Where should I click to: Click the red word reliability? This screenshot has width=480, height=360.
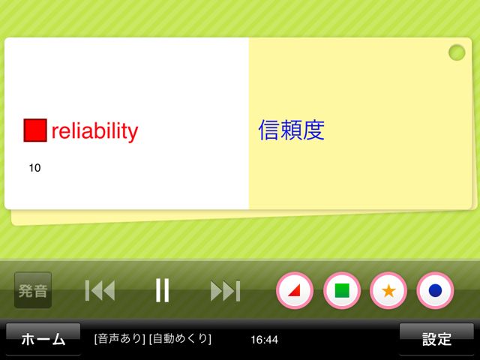pos(95,131)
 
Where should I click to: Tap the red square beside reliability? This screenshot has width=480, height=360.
pos(35,130)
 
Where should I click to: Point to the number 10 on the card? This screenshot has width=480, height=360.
pos(34,168)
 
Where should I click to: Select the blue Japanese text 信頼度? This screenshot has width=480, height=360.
pos(292,130)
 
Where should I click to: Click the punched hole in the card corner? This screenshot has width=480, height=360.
pos(457,52)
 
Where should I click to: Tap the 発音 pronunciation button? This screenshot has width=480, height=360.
pos(33,290)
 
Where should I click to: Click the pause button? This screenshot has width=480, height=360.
pos(162,290)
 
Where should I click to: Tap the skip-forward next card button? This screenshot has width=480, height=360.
pos(225,291)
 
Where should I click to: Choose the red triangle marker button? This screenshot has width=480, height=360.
pos(295,290)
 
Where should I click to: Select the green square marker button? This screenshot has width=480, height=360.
pos(342,290)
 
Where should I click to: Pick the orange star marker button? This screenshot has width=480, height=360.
pos(388,290)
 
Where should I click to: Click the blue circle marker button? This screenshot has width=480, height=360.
pos(435,290)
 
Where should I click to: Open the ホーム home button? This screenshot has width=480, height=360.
pos(43,339)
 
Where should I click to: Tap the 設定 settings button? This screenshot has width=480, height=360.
pos(436,339)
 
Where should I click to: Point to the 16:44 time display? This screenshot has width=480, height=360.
pos(265,340)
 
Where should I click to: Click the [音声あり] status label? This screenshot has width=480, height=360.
pos(120,338)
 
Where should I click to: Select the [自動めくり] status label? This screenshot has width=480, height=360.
pos(180,338)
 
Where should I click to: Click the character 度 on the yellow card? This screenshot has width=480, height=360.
pos(313,130)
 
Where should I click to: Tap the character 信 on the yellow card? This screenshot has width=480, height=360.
pos(269,130)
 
